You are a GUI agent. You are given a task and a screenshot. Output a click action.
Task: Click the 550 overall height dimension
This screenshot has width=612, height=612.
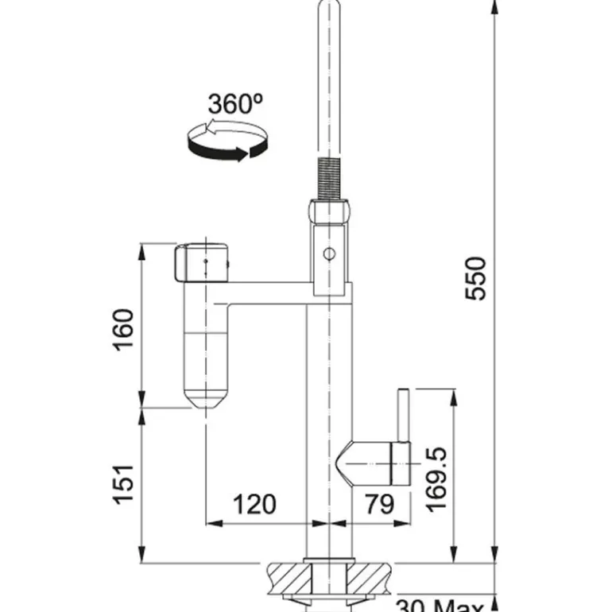pyautogui.click(x=474, y=277)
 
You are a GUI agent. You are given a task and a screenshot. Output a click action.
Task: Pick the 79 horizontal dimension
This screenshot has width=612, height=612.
pyautogui.click(x=379, y=504)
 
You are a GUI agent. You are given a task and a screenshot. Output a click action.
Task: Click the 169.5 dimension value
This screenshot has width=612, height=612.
pyautogui.click(x=437, y=480)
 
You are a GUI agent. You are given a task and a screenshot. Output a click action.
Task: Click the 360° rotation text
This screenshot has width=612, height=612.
pyautogui.click(x=235, y=104)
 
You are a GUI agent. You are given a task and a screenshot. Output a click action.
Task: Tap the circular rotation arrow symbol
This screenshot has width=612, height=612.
pyautogui.click(x=227, y=141)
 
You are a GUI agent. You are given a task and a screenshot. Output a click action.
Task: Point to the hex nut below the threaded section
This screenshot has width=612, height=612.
pyautogui.click(x=327, y=213)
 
